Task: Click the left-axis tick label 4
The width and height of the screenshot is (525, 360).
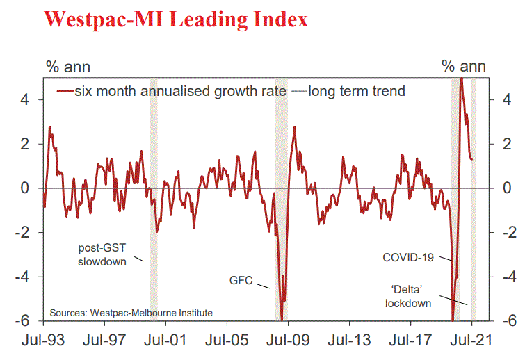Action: click(x=24, y=99)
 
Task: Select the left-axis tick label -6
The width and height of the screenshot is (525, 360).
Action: click(x=21, y=321)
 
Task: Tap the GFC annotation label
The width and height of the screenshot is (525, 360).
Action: click(x=241, y=281)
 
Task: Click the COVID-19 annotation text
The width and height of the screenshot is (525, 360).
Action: click(x=408, y=257)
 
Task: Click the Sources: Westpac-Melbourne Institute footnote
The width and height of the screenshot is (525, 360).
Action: click(x=131, y=313)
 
